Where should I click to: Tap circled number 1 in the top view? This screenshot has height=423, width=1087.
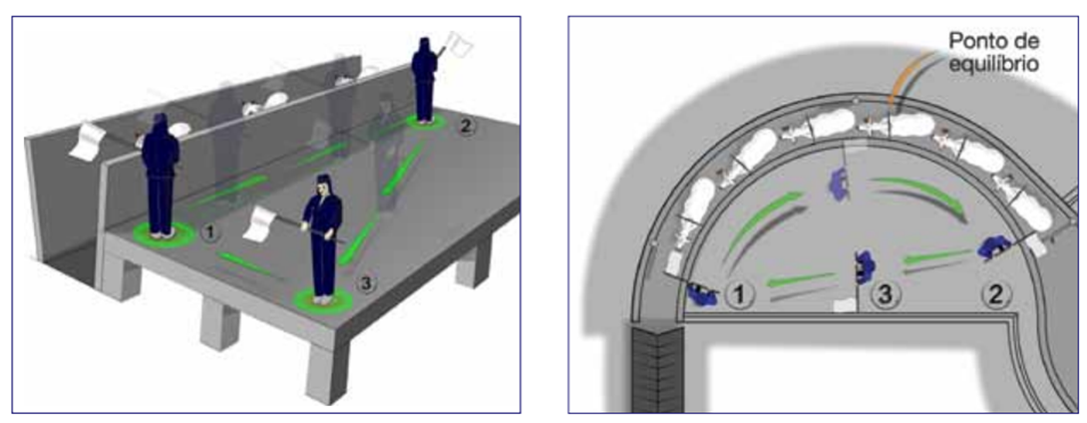(739, 296)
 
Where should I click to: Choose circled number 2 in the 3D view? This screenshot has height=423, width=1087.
(469, 127)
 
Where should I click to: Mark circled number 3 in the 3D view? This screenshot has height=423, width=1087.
(366, 283)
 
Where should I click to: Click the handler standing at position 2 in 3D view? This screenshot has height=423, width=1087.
(424, 80)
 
